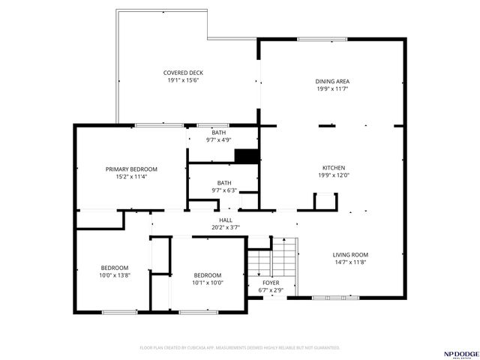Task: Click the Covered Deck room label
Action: point(183,73)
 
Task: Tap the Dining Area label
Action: point(332,81)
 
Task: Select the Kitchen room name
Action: point(333,167)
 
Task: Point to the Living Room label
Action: point(350,254)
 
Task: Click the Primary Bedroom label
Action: point(131,169)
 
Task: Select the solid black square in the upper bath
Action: point(247,156)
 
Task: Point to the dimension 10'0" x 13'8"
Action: point(115,275)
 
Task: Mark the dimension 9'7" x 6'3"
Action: point(224,190)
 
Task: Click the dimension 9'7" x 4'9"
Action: point(218,140)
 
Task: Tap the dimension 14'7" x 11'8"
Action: point(350,262)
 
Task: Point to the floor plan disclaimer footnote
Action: point(240,348)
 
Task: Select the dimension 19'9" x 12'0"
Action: point(333,175)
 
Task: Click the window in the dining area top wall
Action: point(316,39)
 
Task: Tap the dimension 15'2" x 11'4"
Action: point(131,177)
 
